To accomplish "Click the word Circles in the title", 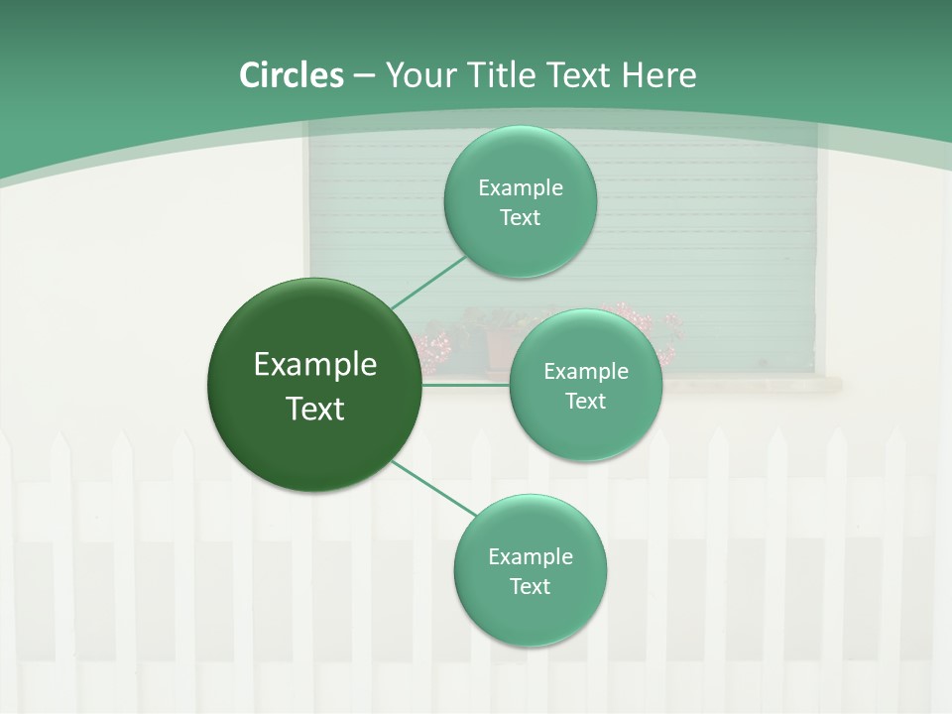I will tap(291, 75).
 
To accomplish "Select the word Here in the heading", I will tap(658, 75).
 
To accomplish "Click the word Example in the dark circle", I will tap(315, 365).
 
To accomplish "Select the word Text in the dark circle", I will tap(315, 409).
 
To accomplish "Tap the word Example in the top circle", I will tap(521, 187).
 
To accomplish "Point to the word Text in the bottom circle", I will tap(530, 586).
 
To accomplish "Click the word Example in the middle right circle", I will tap(586, 371).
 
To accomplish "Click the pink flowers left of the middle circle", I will tap(434, 347).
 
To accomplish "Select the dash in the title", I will tap(363, 75).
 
